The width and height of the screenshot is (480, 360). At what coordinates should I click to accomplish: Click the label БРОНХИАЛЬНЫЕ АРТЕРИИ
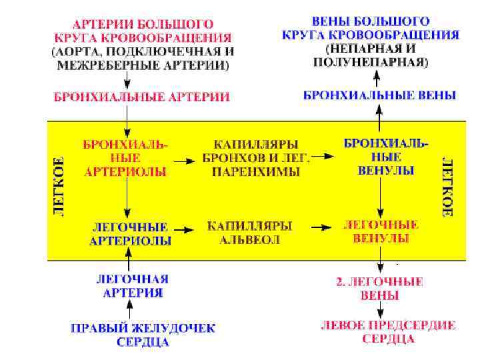point(142,97)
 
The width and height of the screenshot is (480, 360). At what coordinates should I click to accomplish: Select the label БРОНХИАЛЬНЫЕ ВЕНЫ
point(379,95)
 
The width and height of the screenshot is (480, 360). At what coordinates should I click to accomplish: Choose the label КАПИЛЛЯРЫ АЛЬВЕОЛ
point(250,232)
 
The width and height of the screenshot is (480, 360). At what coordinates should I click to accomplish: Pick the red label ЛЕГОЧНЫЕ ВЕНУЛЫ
point(380,231)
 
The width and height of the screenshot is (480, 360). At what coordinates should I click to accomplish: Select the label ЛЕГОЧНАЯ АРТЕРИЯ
point(131,285)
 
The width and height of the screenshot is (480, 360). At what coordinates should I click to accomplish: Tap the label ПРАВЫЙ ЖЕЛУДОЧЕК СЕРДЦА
point(143,335)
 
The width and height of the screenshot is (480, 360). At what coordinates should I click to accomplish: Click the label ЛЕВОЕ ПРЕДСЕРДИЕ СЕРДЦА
point(388,332)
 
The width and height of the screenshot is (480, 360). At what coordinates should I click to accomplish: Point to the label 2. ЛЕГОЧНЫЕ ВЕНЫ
point(379,289)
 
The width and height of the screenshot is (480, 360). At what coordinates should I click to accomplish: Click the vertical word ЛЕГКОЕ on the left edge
point(59,186)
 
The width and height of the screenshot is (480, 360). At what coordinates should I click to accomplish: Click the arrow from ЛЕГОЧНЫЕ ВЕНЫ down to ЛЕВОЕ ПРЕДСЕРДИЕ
point(379,309)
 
